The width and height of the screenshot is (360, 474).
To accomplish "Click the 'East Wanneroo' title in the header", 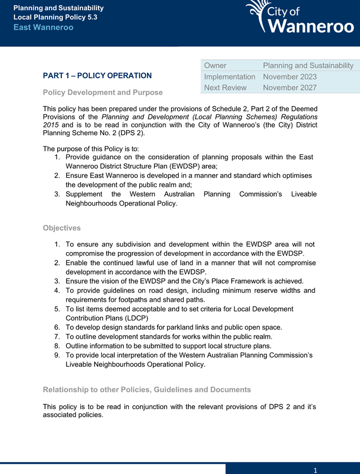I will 43,27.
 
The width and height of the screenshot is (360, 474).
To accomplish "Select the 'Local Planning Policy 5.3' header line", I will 55,17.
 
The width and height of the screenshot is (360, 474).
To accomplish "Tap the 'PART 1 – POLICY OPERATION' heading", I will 97,76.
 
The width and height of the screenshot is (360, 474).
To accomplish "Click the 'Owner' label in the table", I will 215,66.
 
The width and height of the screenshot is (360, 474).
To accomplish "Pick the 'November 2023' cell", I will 290,77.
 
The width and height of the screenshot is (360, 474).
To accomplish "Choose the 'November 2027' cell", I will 290,87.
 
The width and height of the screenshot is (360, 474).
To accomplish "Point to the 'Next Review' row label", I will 225,87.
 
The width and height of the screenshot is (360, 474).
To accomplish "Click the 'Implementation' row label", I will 229,77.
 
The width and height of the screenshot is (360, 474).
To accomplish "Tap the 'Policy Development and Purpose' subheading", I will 103,92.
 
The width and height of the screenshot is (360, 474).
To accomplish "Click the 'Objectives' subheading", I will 62,228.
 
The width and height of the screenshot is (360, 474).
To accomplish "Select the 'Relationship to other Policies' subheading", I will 147,389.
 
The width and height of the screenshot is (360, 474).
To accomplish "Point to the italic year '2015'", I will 52,126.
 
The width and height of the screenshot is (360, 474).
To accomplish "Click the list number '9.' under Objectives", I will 58,355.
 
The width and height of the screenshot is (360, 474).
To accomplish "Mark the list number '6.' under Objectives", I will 58,327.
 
